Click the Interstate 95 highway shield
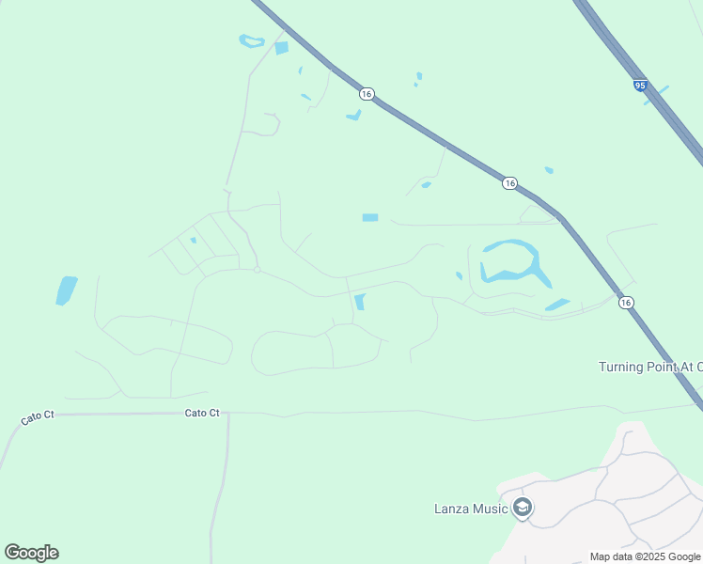[x=640, y=86]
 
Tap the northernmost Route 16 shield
[x=367, y=93]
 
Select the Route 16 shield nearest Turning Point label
[x=626, y=303]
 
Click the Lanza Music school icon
[x=523, y=509]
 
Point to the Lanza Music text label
[x=470, y=509]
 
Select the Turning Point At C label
[x=649, y=367]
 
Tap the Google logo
[x=31, y=553]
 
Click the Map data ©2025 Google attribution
[x=646, y=556]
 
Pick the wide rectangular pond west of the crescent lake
[x=370, y=218]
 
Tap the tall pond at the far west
[x=66, y=290]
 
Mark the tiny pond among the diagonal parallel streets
[x=193, y=241]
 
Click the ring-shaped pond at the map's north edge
[x=252, y=41]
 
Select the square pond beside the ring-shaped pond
[x=281, y=48]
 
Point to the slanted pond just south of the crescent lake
[x=557, y=305]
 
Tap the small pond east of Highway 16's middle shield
[x=548, y=170]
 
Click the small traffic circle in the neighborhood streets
[x=257, y=270]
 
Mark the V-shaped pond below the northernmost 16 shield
[x=354, y=116]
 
